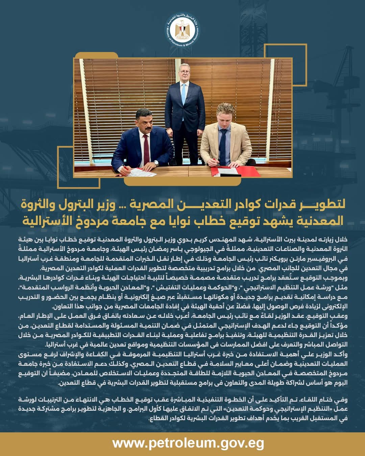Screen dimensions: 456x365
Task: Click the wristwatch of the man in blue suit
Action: (156, 163)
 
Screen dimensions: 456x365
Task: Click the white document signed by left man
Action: (142, 172)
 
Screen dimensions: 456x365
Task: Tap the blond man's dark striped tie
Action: (223, 145)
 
